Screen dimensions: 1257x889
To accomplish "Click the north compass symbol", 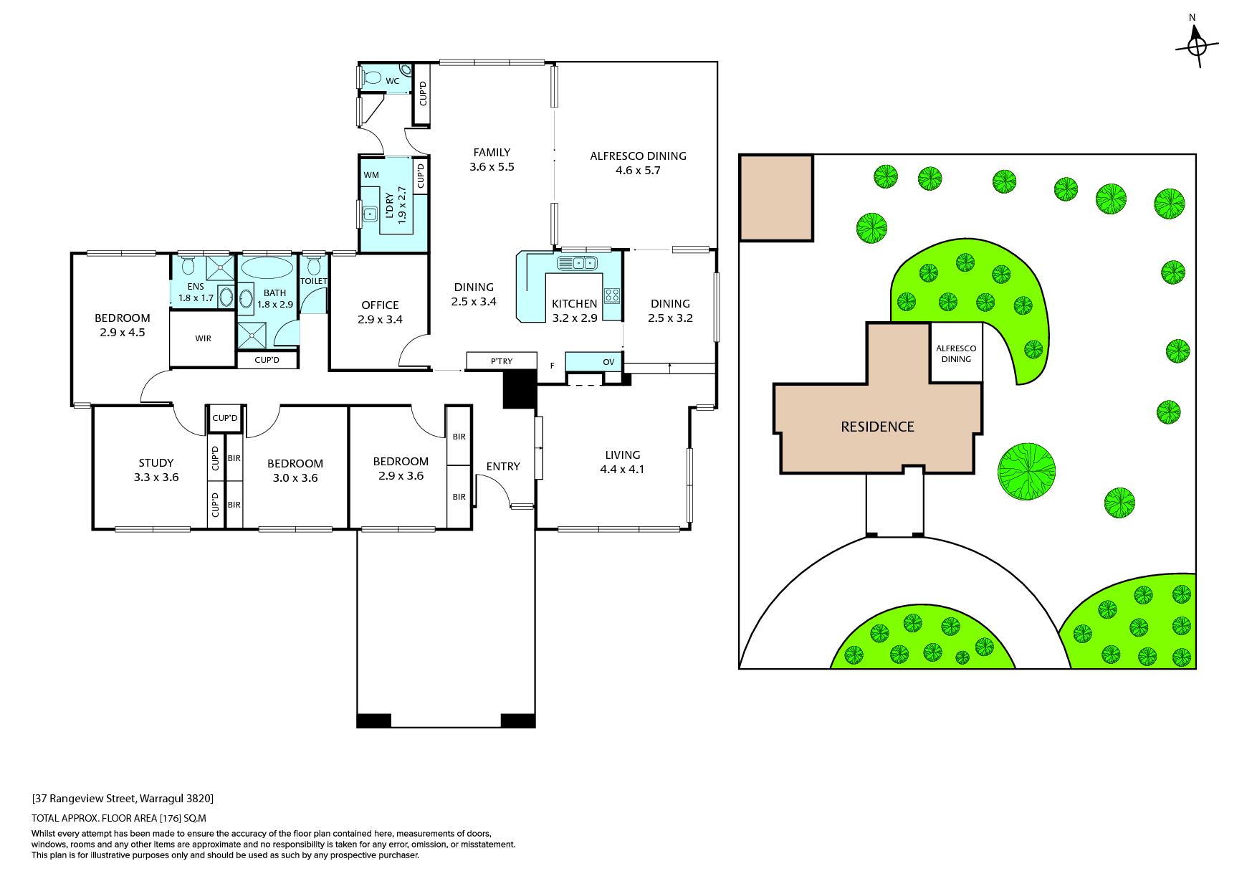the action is tap(1197, 46).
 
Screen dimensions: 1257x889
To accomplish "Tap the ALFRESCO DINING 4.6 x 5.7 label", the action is tap(638, 163).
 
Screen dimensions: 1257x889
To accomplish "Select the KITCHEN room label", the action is tap(574, 304).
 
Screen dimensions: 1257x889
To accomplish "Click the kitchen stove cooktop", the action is tap(612, 295).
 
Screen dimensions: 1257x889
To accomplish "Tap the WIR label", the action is tap(203, 338).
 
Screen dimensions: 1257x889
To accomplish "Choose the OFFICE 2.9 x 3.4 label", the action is tap(380, 312).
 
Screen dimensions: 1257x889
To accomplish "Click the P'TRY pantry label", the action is tap(502, 361).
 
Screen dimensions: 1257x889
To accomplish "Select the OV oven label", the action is tap(608, 362).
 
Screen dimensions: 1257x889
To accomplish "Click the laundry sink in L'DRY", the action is tap(370, 213).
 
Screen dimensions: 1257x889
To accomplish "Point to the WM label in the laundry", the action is tap(371, 175).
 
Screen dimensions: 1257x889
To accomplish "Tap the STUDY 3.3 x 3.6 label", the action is tap(156, 470).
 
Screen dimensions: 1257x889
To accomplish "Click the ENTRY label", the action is tap(502, 466).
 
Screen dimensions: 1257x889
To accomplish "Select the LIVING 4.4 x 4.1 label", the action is tap(622, 462).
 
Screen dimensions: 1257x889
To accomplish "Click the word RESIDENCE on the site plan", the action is tap(877, 427).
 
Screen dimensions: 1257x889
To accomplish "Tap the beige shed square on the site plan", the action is tap(776, 198).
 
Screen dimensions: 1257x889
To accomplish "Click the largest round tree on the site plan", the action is tap(1026, 471).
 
